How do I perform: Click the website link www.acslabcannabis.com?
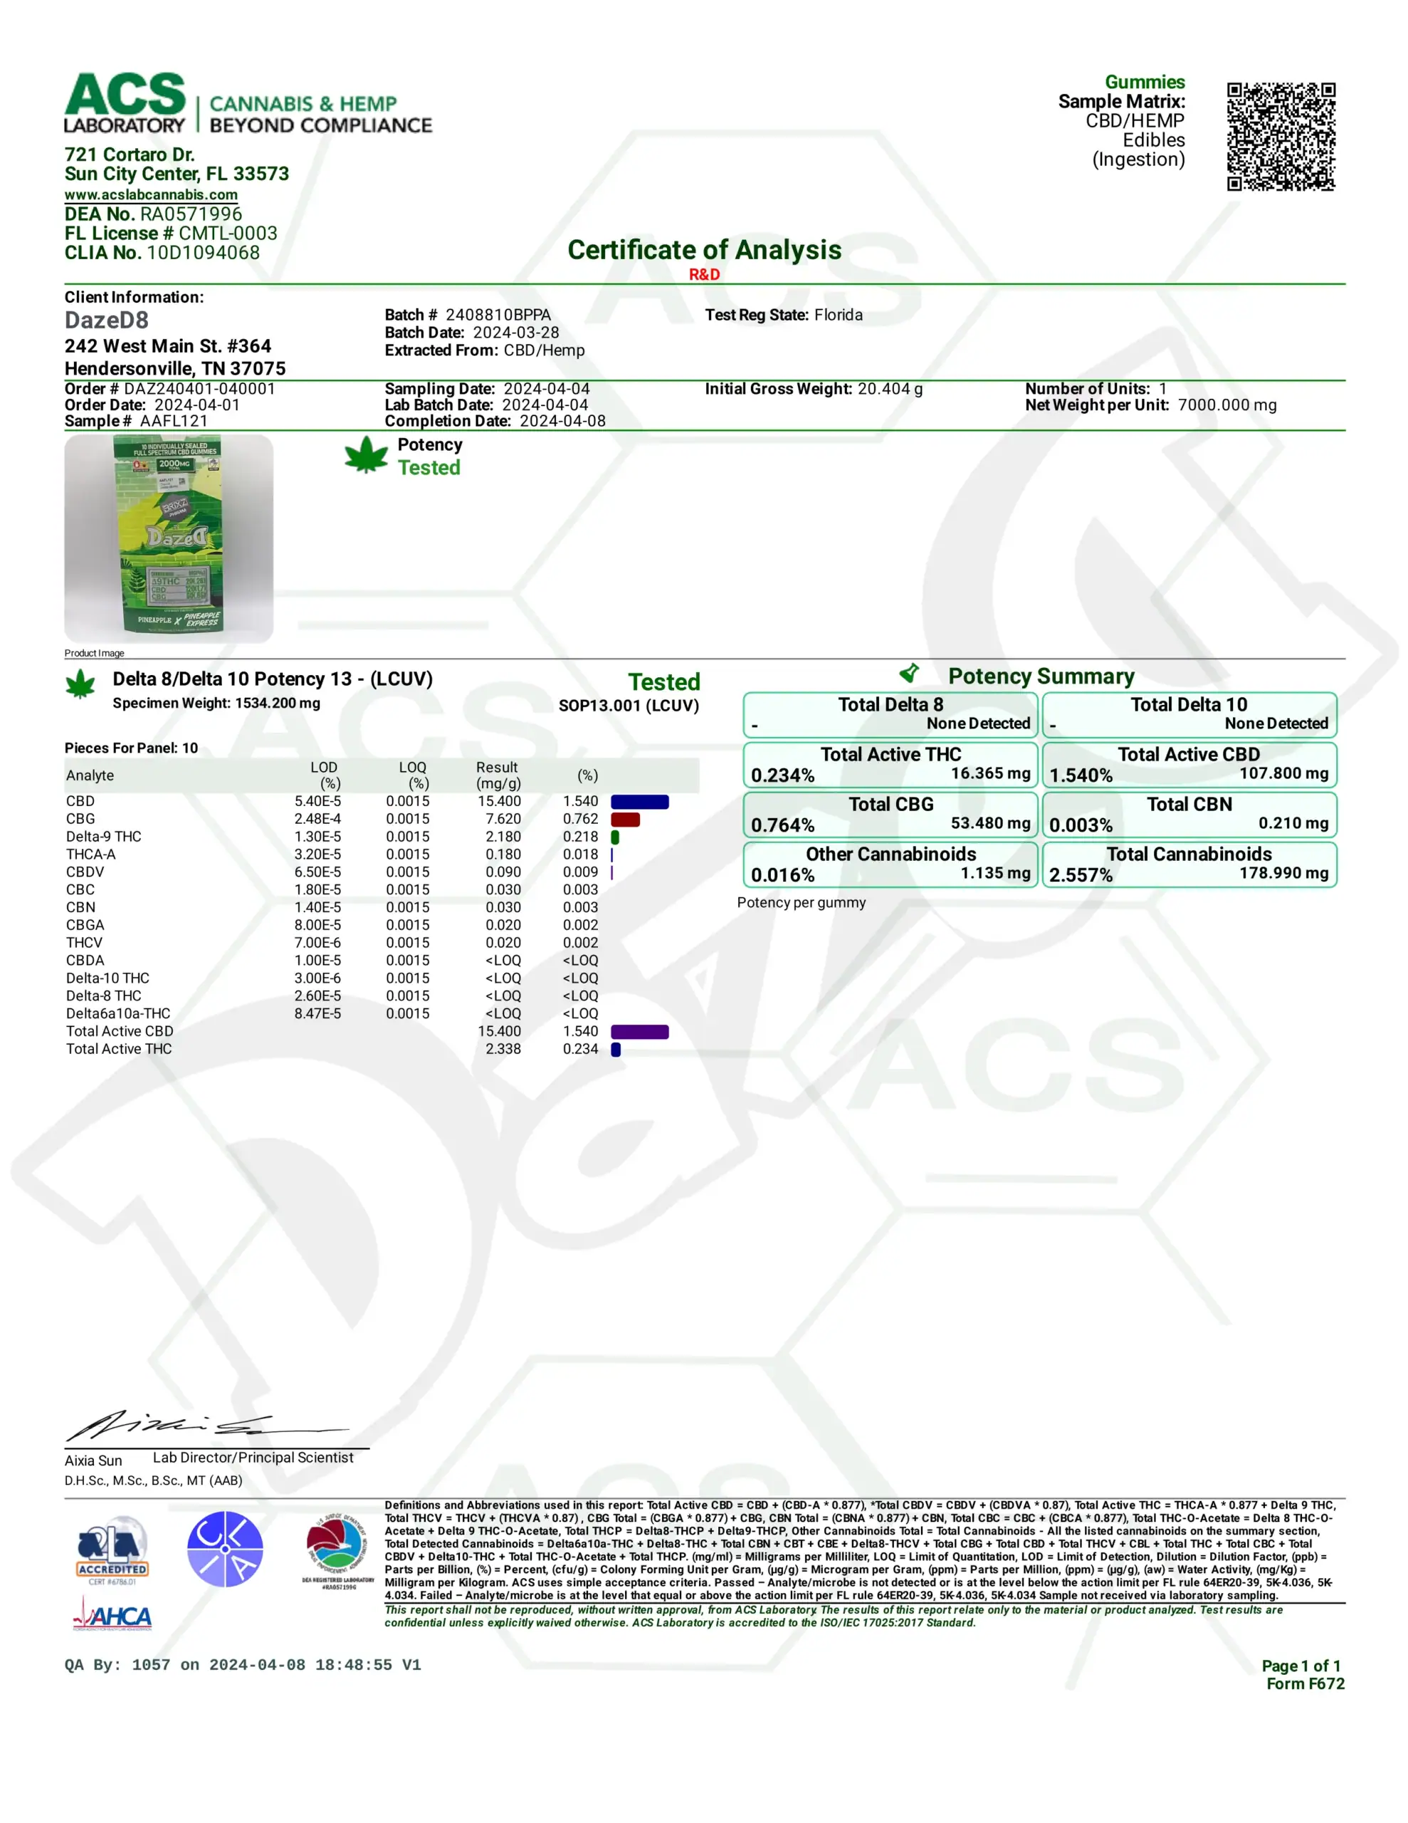151,194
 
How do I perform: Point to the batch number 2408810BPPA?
498,315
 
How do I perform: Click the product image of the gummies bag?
169,538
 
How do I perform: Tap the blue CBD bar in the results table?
639,801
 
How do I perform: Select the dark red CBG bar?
625,819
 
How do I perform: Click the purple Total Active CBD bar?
639,1032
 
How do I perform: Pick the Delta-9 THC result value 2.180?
503,837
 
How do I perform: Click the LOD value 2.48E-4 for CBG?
317,819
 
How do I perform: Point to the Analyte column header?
90,775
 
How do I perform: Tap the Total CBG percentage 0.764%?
782,825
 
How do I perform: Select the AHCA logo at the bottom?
112,1619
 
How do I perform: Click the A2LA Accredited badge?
112,1550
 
